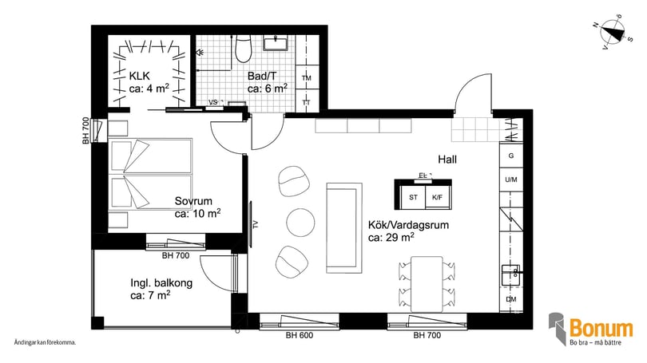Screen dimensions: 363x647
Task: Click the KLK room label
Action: (140, 78)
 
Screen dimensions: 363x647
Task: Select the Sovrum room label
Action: (194, 202)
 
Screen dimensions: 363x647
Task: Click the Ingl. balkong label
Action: (161, 282)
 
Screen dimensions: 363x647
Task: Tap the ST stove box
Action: (413, 196)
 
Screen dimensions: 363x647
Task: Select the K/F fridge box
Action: (436, 196)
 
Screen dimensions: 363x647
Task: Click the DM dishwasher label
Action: (510, 300)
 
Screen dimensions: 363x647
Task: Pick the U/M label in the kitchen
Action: (510, 180)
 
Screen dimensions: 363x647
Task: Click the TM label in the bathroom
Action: (306, 78)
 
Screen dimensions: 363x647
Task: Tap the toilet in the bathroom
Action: (244, 50)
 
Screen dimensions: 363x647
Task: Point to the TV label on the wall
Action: (255, 224)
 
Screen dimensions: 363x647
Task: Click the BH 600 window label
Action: (299, 336)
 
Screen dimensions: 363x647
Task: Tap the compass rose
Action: (611, 33)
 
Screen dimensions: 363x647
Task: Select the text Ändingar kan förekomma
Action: (45, 342)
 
